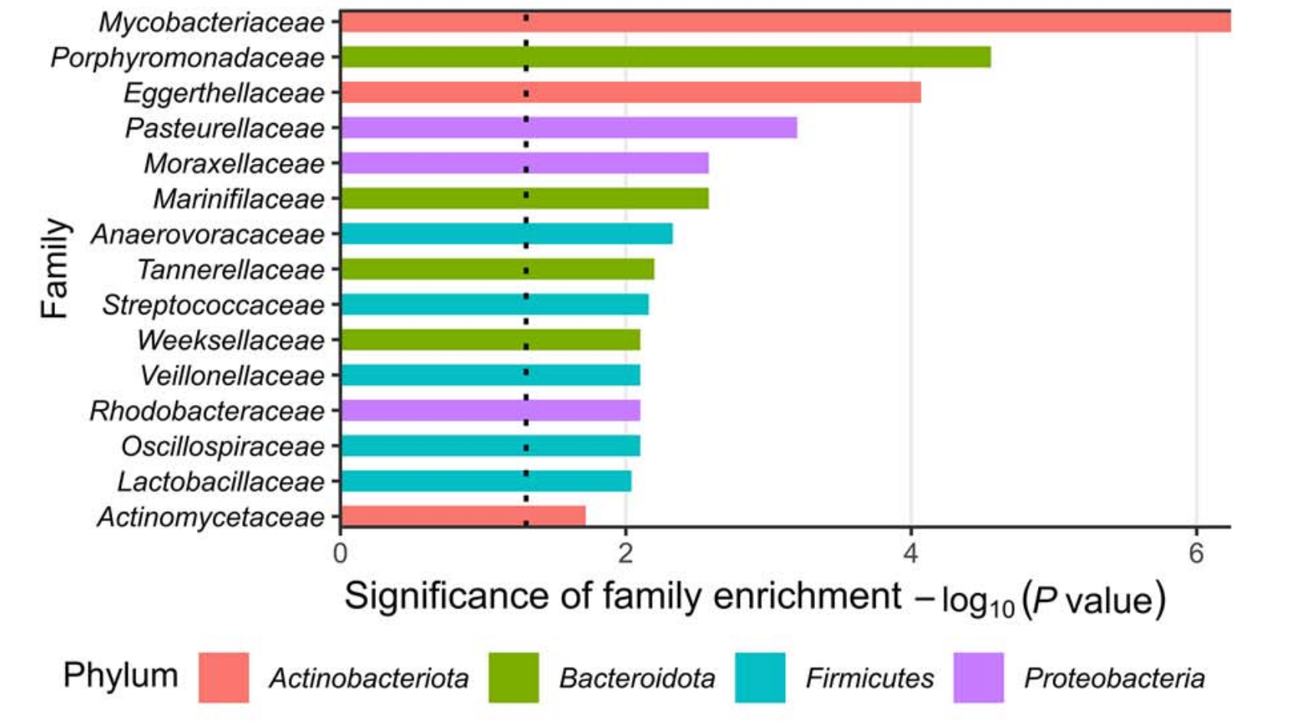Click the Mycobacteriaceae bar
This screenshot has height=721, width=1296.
pyautogui.click(x=785, y=21)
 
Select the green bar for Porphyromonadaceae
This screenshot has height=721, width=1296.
pyautogui.click(x=665, y=57)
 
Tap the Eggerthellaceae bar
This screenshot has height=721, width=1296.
pyautogui.click(x=630, y=93)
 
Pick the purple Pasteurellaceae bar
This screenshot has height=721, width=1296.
pyautogui.click(x=568, y=128)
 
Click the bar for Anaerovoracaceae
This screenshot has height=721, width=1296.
pyautogui.click(x=506, y=234)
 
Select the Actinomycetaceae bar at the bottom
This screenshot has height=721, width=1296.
pyautogui.click(x=463, y=517)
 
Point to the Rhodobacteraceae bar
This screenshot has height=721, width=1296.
pyautogui.click(x=490, y=411)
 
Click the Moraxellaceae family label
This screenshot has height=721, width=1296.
pyautogui.click(x=234, y=164)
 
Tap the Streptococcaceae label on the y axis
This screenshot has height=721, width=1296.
pyautogui.click(x=214, y=305)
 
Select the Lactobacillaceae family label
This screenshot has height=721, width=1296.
pyautogui.click(x=221, y=482)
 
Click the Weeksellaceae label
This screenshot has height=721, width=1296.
pyautogui.click(x=231, y=341)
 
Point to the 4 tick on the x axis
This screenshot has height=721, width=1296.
pyautogui.click(x=911, y=553)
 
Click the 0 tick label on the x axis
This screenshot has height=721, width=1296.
pyautogui.click(x=341, y=553)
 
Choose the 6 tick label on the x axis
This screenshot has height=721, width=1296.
pyautogui.click(x=1196, y=553)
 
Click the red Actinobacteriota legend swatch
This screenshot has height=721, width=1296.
pyautogui.click(x=224, y=677)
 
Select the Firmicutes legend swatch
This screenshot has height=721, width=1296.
pyautogui.click(x=760, y=677)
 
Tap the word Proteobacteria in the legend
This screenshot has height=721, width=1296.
pyautogui.click(x=1114, y=678)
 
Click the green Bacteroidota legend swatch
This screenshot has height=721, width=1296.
pyautogui.click(x=513, y=677)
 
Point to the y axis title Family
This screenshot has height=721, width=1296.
pyautogui.click(x=55, y=268)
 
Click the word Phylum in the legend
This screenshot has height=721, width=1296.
pyautogui.click(x=120, y=676)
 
